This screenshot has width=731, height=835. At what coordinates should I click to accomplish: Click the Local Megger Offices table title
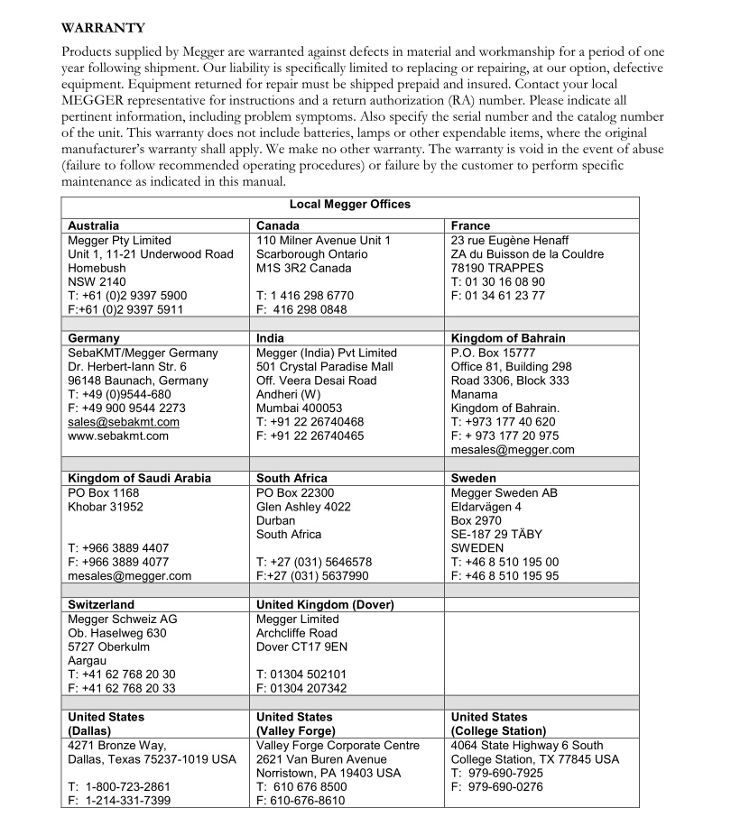coord(349,205)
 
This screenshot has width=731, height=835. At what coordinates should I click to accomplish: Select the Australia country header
coord(94,225)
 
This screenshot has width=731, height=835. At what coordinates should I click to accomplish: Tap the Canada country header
coord(278,225)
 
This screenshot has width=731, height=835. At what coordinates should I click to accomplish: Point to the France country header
coord(471,225)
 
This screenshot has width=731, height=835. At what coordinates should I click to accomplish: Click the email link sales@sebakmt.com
coord(124,422)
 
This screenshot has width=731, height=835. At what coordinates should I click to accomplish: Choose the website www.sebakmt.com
coord(118,436)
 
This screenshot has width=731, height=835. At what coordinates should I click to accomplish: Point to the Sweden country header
coord(474,478)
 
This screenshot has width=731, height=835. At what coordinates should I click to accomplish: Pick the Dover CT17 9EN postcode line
coord(301,647)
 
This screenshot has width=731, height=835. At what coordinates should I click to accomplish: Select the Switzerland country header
coord(101,604)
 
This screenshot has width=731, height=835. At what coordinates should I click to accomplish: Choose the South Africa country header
coord(291,478)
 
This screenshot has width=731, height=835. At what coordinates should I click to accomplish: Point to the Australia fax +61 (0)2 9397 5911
coord(125,308)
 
